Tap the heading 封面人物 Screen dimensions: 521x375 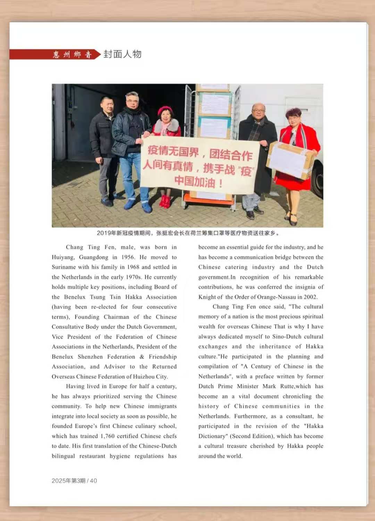122,54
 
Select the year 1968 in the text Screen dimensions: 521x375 132,267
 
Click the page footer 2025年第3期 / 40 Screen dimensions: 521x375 74,481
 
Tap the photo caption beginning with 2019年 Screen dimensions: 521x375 187,233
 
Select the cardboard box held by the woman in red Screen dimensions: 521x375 291,160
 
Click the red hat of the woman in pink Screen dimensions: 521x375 165,110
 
